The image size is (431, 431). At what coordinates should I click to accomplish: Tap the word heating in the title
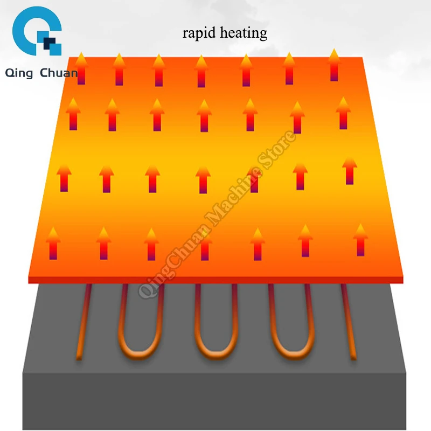point(244,33)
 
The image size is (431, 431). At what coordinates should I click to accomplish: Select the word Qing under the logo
point(19,73)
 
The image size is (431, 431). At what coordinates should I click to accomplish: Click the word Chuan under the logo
point(59,73)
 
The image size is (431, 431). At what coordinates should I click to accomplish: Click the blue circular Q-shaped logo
point(37,31)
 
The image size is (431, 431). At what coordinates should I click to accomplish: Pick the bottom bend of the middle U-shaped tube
point(216,354)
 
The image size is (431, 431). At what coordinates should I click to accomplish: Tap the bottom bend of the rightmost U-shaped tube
point(292,354)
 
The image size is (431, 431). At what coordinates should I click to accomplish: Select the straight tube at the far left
point(84,322)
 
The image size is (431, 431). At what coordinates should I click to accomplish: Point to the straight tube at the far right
point(349,322)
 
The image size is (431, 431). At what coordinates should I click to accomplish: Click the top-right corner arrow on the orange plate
point(334,65)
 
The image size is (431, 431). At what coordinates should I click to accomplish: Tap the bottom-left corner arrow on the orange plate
point(53,244)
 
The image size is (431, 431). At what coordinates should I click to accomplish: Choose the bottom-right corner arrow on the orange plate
point(360,240)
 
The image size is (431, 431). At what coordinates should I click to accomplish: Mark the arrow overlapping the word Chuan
point(81,68)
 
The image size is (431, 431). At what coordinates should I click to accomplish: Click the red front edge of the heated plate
point(216,280)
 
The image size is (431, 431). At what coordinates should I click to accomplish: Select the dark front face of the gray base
point(214,401)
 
